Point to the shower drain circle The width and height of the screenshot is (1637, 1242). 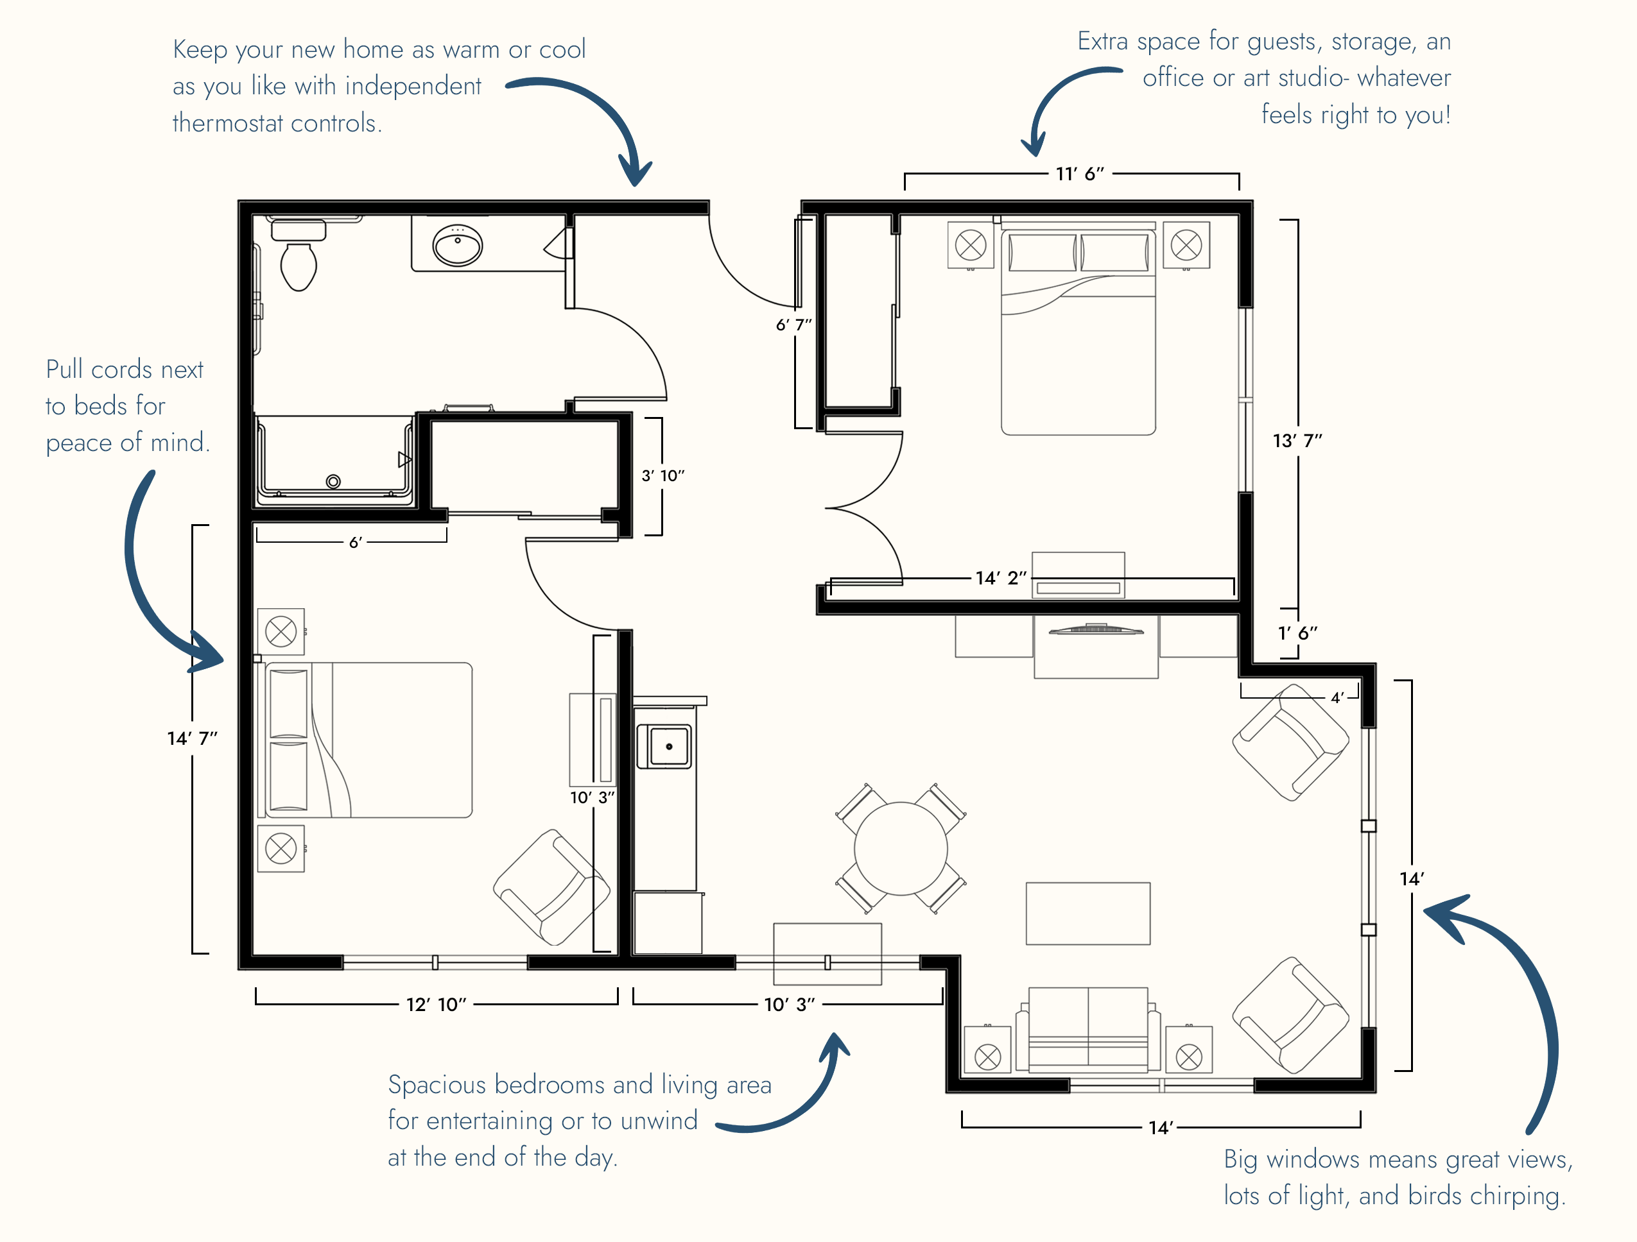[334, 482]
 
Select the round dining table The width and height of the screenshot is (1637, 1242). [901, 849]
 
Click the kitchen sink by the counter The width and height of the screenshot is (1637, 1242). [669, 746]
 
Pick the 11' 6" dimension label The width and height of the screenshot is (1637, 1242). [1080, 174]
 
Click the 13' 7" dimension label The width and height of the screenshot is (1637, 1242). [1297, 441]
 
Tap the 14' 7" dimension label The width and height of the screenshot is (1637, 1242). [193, 738]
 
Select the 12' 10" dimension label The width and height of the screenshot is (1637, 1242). [437, 1005]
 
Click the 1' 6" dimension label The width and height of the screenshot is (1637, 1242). [1298, 633]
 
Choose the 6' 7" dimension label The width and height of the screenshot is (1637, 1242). [794, 325]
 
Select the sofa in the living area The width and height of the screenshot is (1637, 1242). [1088, 1030]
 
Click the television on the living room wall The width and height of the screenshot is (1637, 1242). [1096, 629]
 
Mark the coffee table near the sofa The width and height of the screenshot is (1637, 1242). [1088, 914]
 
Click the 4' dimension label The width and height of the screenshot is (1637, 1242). [1337, 697]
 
